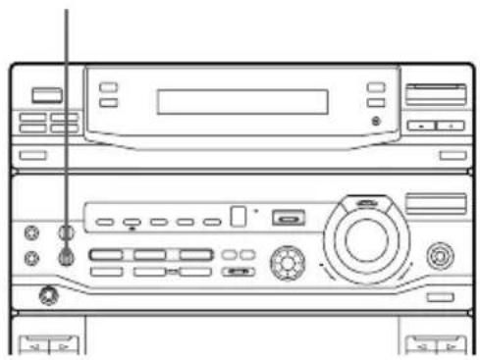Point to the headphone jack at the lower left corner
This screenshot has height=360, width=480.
point(43,294)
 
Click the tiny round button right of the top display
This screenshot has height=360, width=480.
point(376,121)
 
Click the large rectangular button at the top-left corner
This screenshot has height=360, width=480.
point(45,95)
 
